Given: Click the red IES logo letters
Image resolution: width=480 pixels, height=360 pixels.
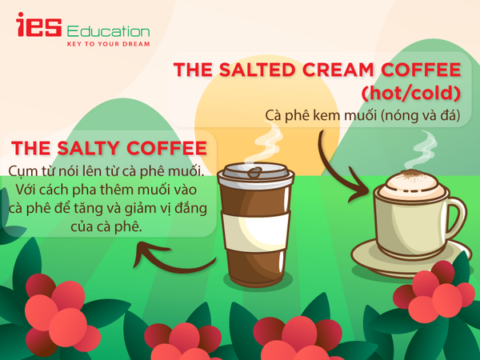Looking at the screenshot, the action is (39, 25).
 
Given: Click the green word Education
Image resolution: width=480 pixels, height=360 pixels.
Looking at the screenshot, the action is (108, 31).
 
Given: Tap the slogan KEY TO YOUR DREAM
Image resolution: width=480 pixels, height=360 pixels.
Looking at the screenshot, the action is (108, 44).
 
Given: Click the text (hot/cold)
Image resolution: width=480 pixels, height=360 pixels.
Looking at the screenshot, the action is (411, 93).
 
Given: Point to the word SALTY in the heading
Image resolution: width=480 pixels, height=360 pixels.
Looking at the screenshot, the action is (88, 148).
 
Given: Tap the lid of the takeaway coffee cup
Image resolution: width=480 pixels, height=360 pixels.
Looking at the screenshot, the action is (256, 174).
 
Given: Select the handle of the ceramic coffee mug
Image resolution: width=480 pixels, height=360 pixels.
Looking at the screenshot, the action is (456, 216).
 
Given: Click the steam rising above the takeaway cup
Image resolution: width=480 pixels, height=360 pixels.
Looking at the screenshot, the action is (265, 142).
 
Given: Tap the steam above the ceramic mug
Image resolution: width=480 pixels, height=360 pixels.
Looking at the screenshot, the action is (422, 150).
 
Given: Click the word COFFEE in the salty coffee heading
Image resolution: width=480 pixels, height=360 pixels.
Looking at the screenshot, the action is (167, 148).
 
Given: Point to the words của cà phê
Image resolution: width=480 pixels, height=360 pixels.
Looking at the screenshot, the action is (106, 227).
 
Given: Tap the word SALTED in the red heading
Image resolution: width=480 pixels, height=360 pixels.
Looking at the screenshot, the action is (257, 70).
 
